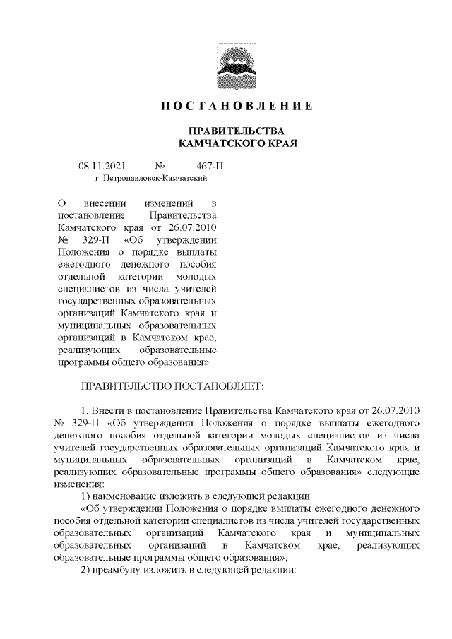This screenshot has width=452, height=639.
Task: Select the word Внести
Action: click(x=109, y=410)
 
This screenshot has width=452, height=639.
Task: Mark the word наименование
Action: click(x=126, y=497)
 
